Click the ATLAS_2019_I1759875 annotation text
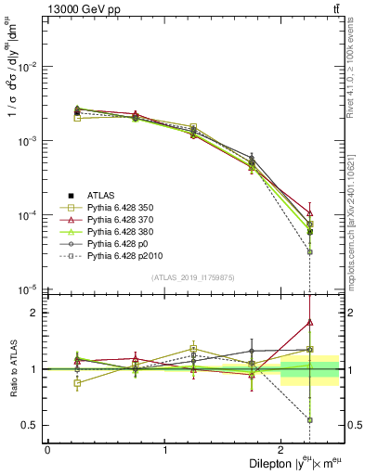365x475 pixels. point(193,277)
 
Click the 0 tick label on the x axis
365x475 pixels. point(47,449)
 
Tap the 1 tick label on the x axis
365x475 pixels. point(164,449)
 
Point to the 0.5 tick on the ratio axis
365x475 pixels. point(32,426)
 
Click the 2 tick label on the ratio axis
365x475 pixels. point(35,313)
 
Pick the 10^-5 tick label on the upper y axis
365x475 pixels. point(27,289)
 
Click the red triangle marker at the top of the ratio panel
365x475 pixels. point(310,322)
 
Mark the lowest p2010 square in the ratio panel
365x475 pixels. point(310,420)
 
